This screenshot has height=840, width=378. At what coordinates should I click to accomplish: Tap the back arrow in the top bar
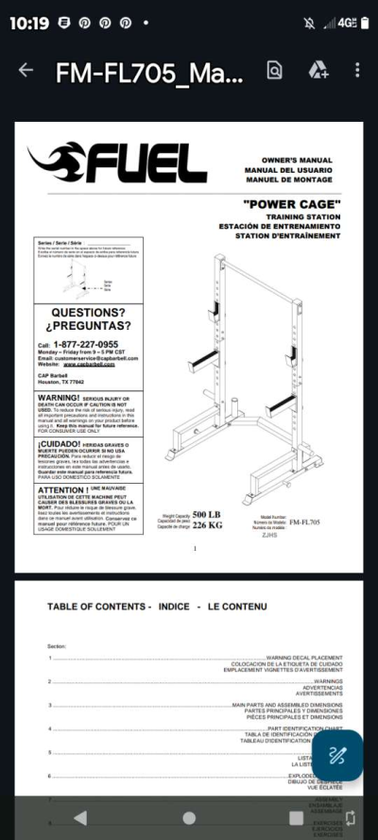pos(26,71)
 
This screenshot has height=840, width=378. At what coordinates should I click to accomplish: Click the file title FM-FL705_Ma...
pos(148,72)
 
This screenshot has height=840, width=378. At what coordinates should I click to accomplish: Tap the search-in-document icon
pos(274,71)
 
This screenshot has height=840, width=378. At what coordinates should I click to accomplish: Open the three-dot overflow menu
pos(357,71)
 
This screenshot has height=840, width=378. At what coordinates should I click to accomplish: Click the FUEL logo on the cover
pos(118,164)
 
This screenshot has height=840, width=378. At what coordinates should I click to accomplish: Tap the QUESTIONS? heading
pos(88,312)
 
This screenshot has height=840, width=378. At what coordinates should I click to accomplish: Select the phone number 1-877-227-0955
pos(86,345)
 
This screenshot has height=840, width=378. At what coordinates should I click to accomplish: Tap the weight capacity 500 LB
pos(206,514)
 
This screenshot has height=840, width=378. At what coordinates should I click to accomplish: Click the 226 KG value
pos(206,525)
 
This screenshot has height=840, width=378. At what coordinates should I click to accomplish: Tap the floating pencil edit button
pos(337,755)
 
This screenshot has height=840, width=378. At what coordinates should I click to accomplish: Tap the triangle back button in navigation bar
pos(80,817)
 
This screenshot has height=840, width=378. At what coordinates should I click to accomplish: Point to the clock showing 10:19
pos(28,23)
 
